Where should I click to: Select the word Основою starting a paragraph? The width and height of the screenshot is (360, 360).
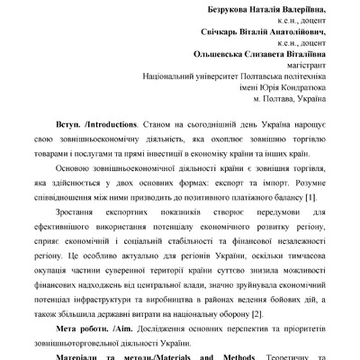(x=72, y=168)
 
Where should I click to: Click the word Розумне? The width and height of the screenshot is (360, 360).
(x=310, y=181)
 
